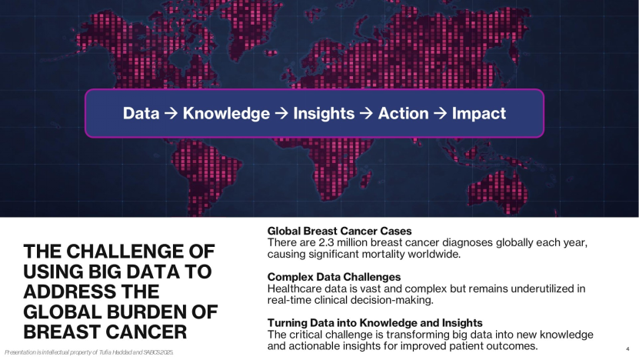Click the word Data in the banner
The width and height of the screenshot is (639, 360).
pos(141,113)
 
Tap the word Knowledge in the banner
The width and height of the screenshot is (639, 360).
pos(226,113)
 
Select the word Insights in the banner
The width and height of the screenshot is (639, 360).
pos(324,114)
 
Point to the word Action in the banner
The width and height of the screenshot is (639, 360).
pos(404,113)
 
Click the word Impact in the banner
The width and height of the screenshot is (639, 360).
pos(479,114)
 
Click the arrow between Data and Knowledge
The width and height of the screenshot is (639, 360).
pos(171,113)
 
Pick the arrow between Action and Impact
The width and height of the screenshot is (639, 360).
pos(441,113)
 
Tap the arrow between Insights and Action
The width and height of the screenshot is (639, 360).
pos(366,113)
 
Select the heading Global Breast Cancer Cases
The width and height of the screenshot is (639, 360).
pos(339,232)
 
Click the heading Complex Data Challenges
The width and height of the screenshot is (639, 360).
pos(334,277)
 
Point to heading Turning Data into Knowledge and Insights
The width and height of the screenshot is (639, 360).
pos(375,323)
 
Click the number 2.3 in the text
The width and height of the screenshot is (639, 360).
pos(327,242)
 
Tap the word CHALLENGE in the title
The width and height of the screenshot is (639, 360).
pos(124,251)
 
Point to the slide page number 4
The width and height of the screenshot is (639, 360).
pos(627,349)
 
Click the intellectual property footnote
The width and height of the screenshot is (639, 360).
pos(89,352)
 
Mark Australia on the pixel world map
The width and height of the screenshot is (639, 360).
pos(498,192)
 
